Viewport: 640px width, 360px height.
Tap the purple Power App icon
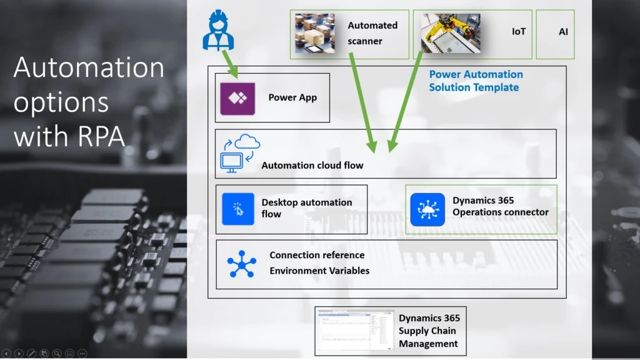tap(237, 97)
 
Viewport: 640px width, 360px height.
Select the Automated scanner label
tap(372, 33)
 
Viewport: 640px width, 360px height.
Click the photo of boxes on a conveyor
tap(315, 33)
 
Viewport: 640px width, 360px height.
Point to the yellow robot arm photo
tap(451, 33)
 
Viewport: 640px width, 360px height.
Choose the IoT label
tap(519, 31)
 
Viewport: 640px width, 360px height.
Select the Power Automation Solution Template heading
tap(476, 81)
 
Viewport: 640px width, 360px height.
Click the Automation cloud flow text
tap(312, 166)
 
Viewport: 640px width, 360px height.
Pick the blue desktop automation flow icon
tap(238, 209)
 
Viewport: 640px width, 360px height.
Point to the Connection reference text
tap(317, 255)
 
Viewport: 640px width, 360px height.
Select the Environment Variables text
tap(319, 271)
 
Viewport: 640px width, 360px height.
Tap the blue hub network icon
tap(241, 264)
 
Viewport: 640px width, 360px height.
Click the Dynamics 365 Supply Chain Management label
tap(428, 331)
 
